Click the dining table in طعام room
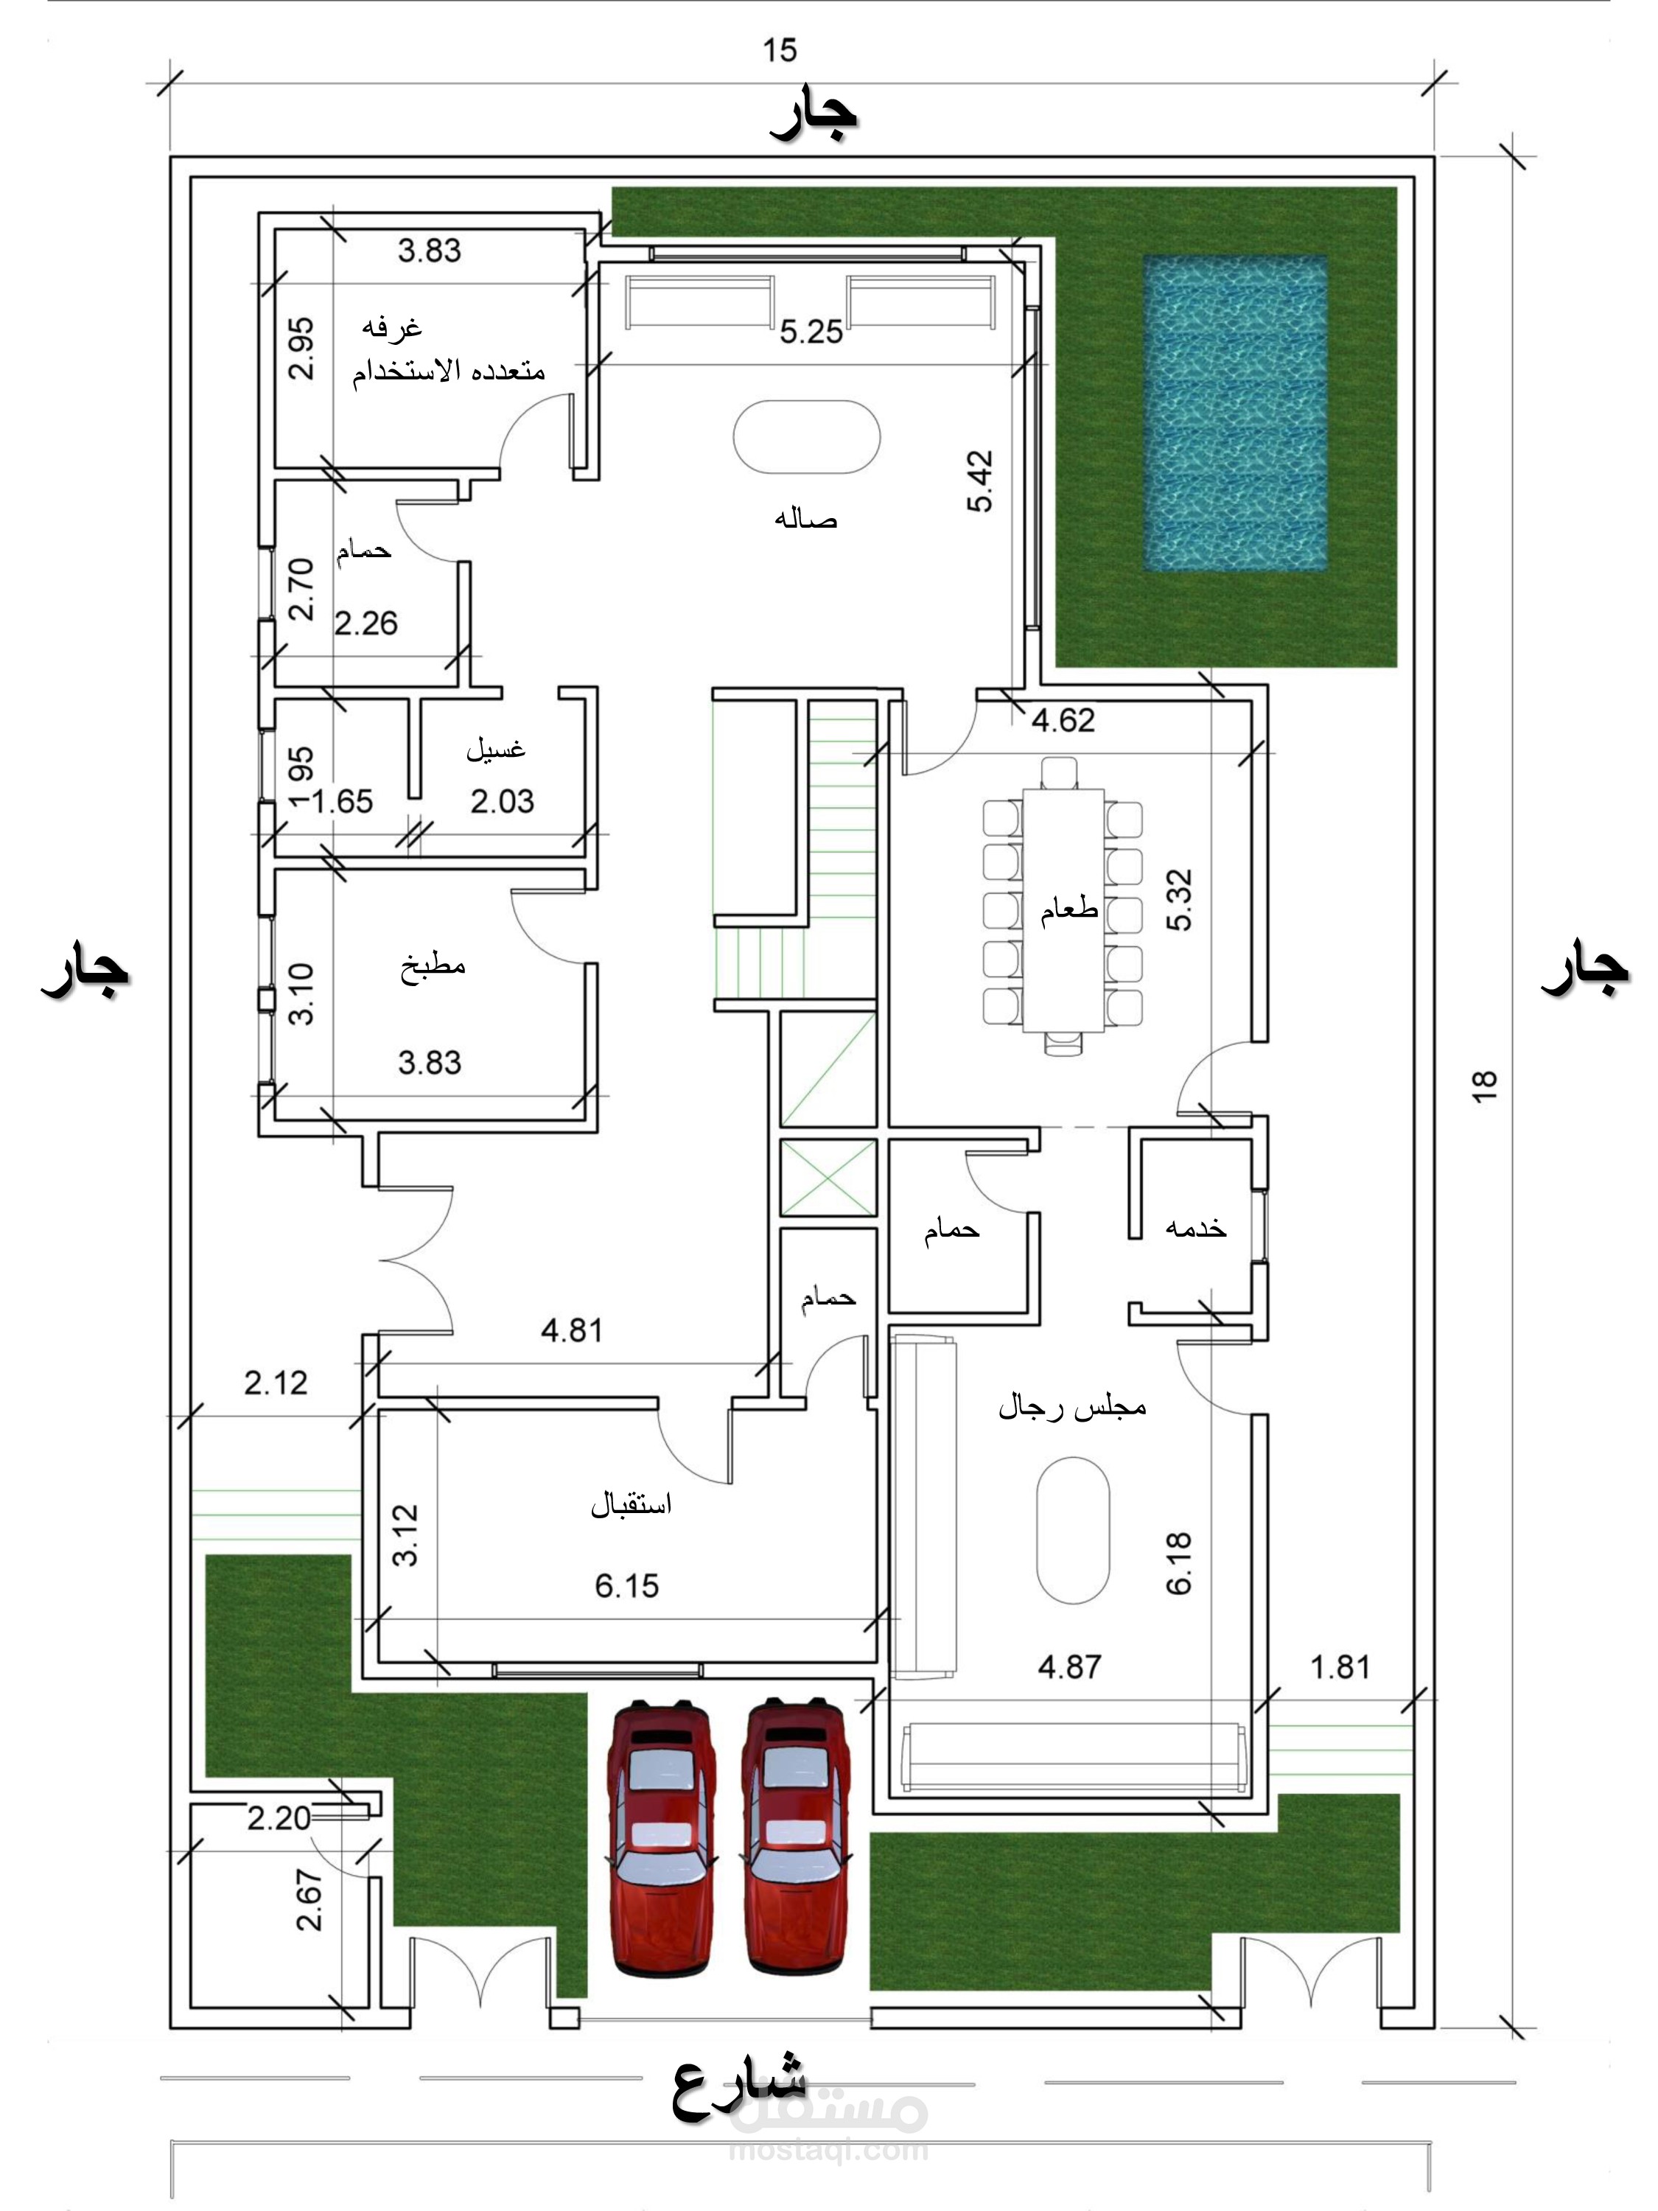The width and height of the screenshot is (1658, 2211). tap(1063, 909)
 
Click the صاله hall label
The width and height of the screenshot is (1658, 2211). tap(805, 519)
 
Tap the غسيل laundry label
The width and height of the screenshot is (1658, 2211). tap(496, 749)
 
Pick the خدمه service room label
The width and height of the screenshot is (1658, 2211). tap(1195, 1226)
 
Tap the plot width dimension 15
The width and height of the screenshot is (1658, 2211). tap(780, 50)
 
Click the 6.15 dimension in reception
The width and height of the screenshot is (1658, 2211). tap(626, 1585)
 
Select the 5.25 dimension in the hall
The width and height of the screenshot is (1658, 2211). tap(811, 332)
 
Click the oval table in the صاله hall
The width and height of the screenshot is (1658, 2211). tap(806, 438)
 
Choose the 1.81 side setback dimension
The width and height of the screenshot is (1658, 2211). tap(1340, 1667)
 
